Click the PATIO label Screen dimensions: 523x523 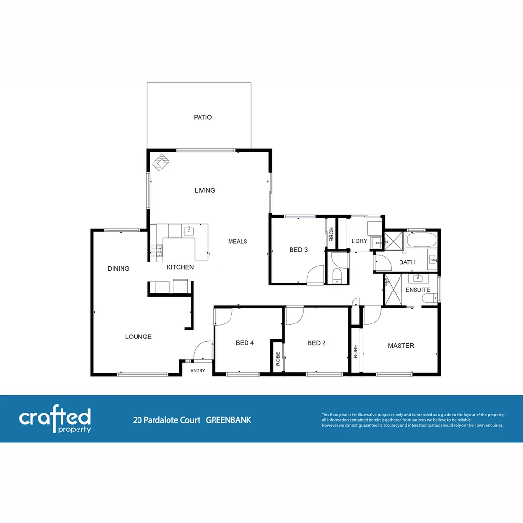coord(202,117)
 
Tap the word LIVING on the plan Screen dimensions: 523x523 coord(204,190)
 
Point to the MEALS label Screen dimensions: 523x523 coord(238,241)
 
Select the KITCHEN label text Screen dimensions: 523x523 coord(180,267)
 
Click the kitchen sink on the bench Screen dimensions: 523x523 coord(188,231)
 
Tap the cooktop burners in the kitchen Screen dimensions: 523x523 coord(157,250)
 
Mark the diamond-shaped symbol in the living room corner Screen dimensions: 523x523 coord(161,162)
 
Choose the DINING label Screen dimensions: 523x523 coord(119,268)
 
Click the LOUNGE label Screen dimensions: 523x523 coord(138,337)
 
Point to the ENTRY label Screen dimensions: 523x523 coord(198,371)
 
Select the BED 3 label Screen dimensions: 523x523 coord(298,250)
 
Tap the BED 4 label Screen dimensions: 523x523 coord(245,343)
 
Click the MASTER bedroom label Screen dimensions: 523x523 coord(401,346)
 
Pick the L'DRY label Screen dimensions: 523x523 coord(359,241)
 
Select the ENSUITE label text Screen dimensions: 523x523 coord(417,290)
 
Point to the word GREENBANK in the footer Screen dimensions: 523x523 coord(229,420)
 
